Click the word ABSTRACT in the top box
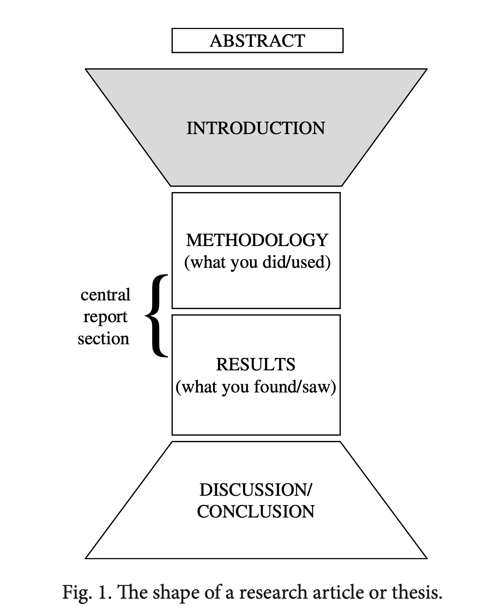point(257,41)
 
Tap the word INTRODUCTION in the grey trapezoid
point(256,128)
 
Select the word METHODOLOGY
point(257,240)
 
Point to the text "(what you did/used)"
point(257,262)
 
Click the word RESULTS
point(256,364)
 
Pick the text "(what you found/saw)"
point(256,387)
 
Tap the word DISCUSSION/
point(255,490)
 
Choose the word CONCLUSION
point(256,512)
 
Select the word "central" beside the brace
point(105,295)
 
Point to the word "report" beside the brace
point(105,317)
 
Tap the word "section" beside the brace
point(104,338)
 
